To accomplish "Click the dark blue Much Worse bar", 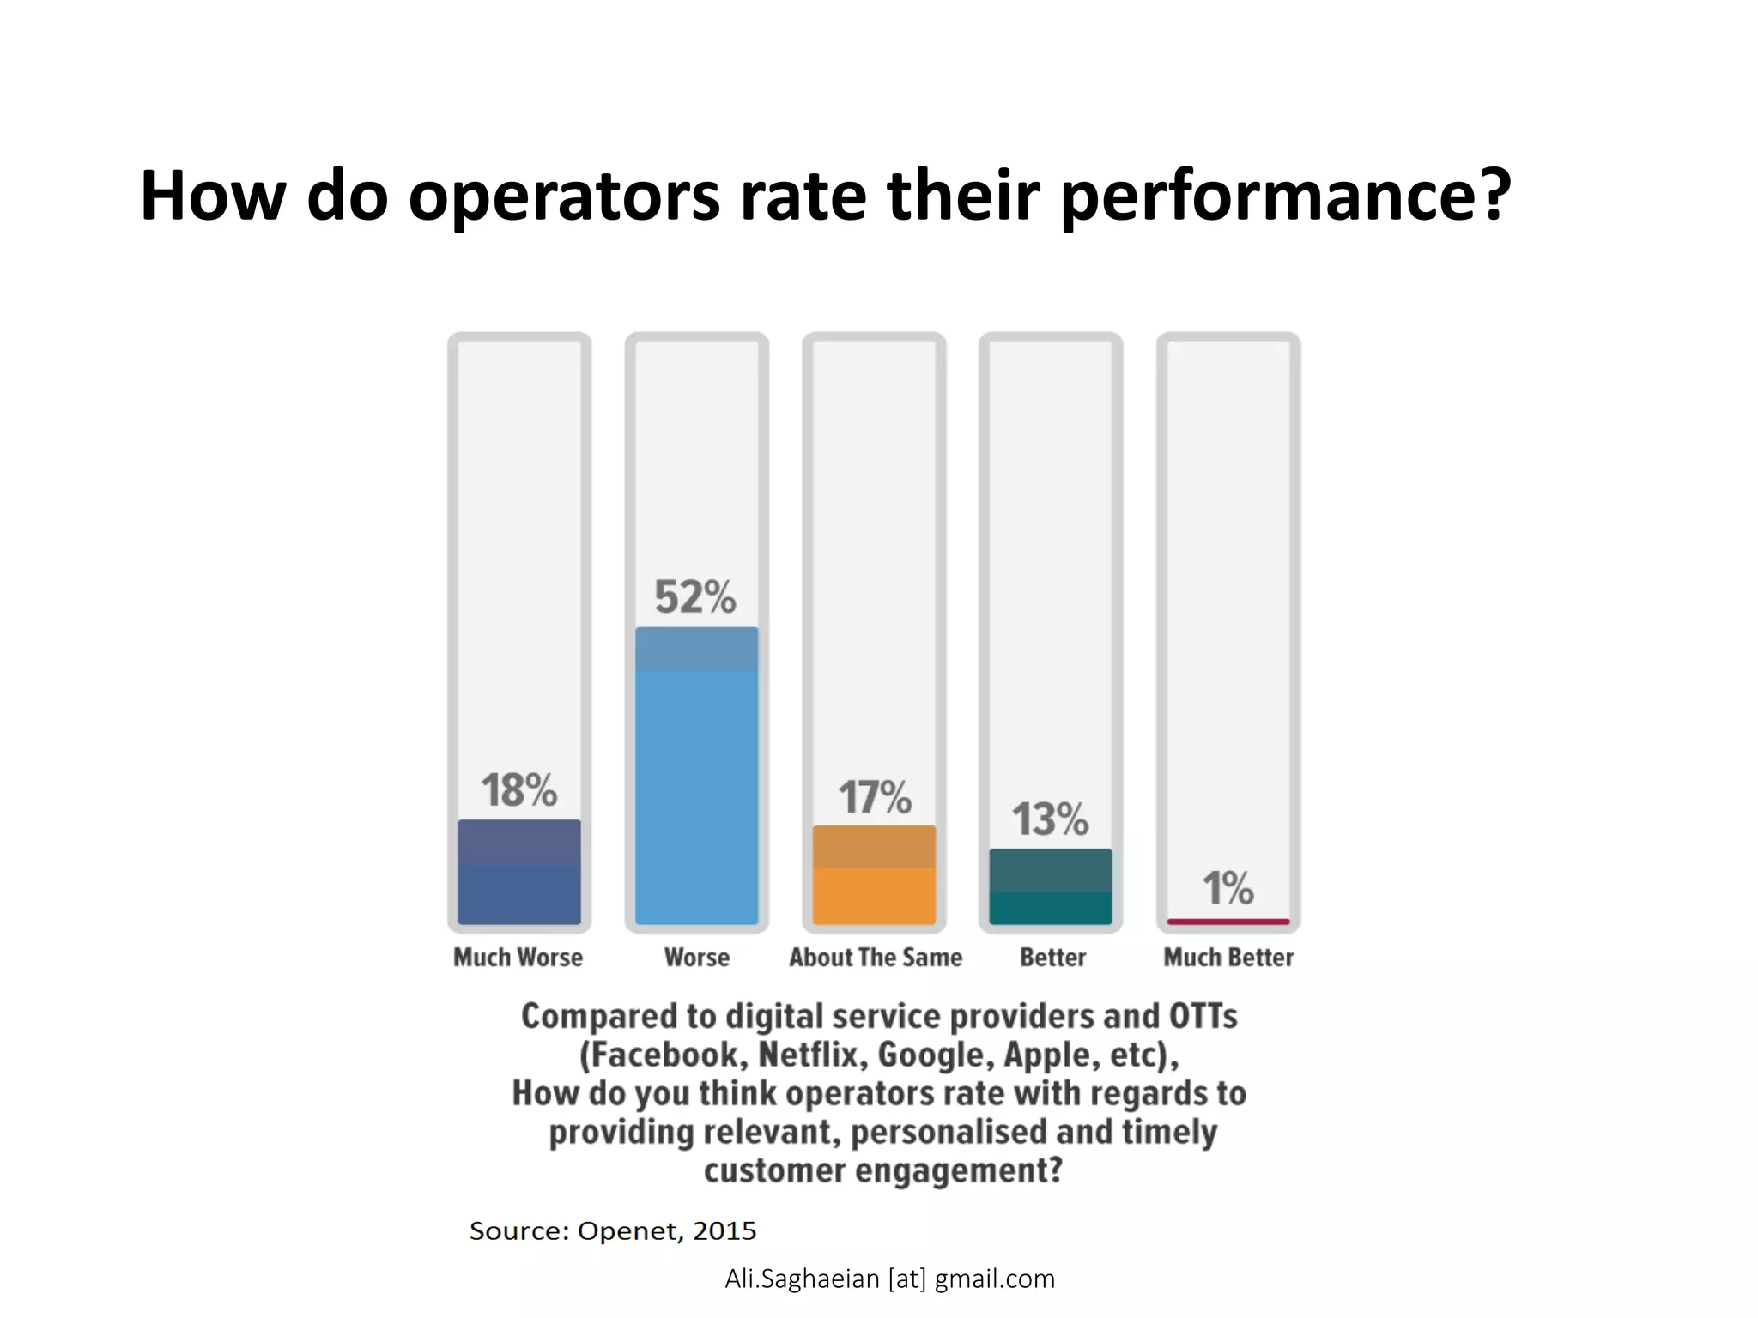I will pyautogui.click(x=518, y=872).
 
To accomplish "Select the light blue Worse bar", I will pyautogui.click(x=696, y=776).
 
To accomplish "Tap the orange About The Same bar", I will pyautogui.click(x=874, y=875).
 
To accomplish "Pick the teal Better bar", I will pyautogui.click(x=1050, y=886).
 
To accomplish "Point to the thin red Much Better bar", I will pyautogui.click(x=1228, y=922).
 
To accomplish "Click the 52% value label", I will pyautogui.click(x=694, y=597).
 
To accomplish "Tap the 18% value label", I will pyautogui.click(x=518, y=790).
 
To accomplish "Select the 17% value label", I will pyautogui.click(x=874, y=797).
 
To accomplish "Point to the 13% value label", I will pyautogui.click(x=1050, y=819).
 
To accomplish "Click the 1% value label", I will pyautogui.click(x=1228, y=888).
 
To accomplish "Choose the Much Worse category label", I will pyautogui.click(x=518, y=958).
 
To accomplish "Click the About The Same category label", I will pyautogui.click(x=876, y=958).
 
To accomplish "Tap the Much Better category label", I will pyautogui.click(x=1228, y=958).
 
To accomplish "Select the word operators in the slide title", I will pyautogui.click(x=564, y=197).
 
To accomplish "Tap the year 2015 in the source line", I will pyautogui.click(x=724, y=1230).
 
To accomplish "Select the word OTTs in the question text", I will pyautogui.click(x=1202, y=1016).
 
